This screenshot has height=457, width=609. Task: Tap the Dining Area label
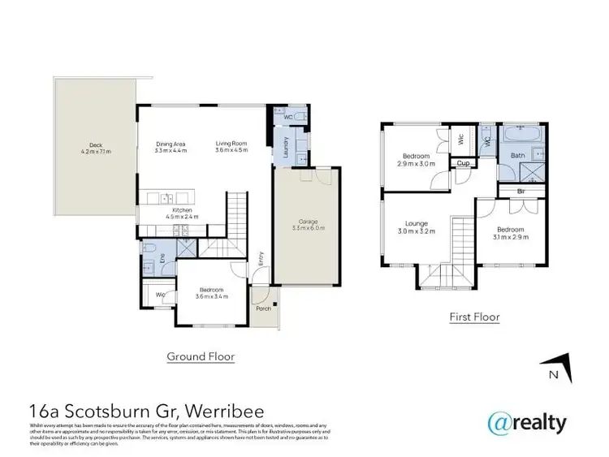(x=171, y=144)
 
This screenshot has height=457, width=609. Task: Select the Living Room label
(x=231, y=144)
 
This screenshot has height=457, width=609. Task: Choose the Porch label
(x=261, y=309)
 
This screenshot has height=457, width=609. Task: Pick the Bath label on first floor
(x=516, y=154)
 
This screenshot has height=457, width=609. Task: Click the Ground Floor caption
(x=201, y=356)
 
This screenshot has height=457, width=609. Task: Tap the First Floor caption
(x=475, y=317)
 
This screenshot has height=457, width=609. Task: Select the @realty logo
(x=526, y=422)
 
